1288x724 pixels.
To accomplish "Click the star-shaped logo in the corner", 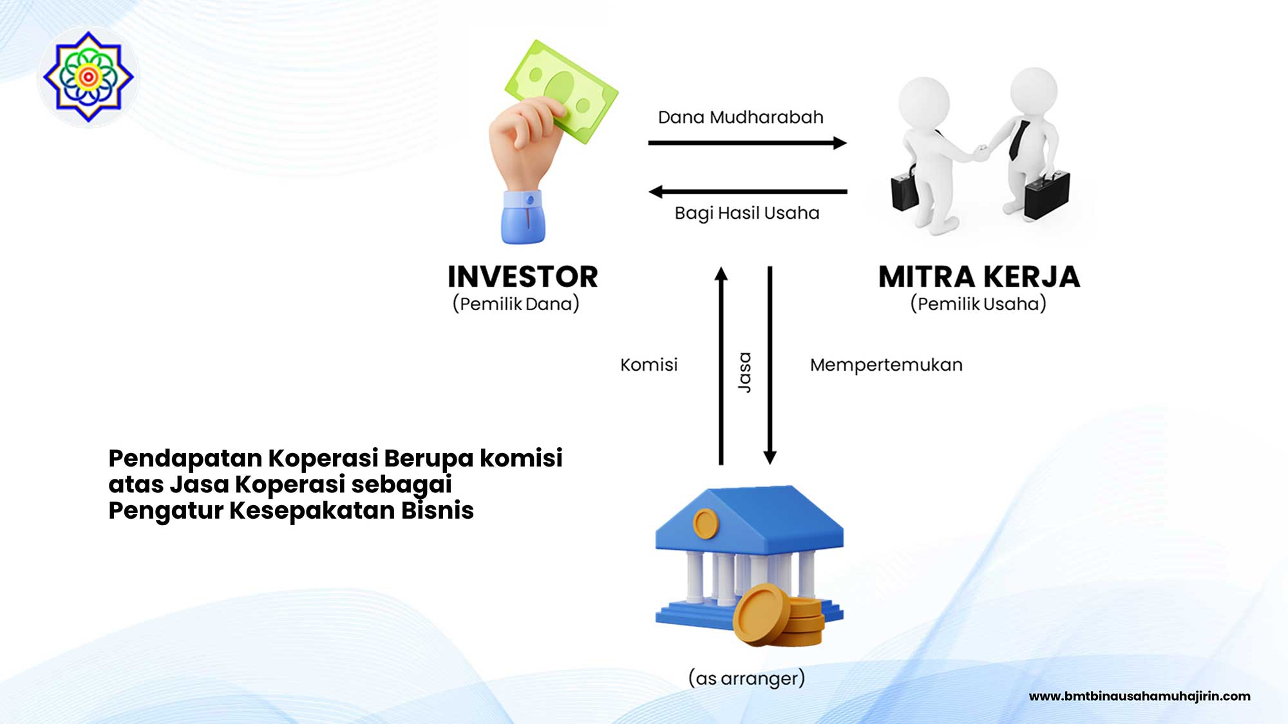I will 88,77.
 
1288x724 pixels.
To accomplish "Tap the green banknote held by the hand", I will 564,90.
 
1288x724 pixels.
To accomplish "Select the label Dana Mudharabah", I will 741,118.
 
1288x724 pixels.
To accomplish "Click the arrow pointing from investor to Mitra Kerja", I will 747,143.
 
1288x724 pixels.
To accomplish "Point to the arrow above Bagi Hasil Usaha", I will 747,192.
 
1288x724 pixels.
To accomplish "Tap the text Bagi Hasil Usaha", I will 747,213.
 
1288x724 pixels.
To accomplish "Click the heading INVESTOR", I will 523,277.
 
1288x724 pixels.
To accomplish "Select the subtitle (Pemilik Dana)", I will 516,304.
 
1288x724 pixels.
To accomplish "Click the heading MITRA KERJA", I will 979,277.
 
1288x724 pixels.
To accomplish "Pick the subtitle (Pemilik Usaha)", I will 978,304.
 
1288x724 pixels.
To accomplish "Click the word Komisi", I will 649,365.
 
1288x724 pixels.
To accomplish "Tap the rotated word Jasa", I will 744,372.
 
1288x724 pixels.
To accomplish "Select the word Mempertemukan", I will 886,365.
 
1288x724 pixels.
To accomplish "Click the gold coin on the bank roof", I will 706,523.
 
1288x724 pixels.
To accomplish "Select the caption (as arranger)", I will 747,678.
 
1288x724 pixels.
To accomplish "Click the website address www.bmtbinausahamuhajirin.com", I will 1139,696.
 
